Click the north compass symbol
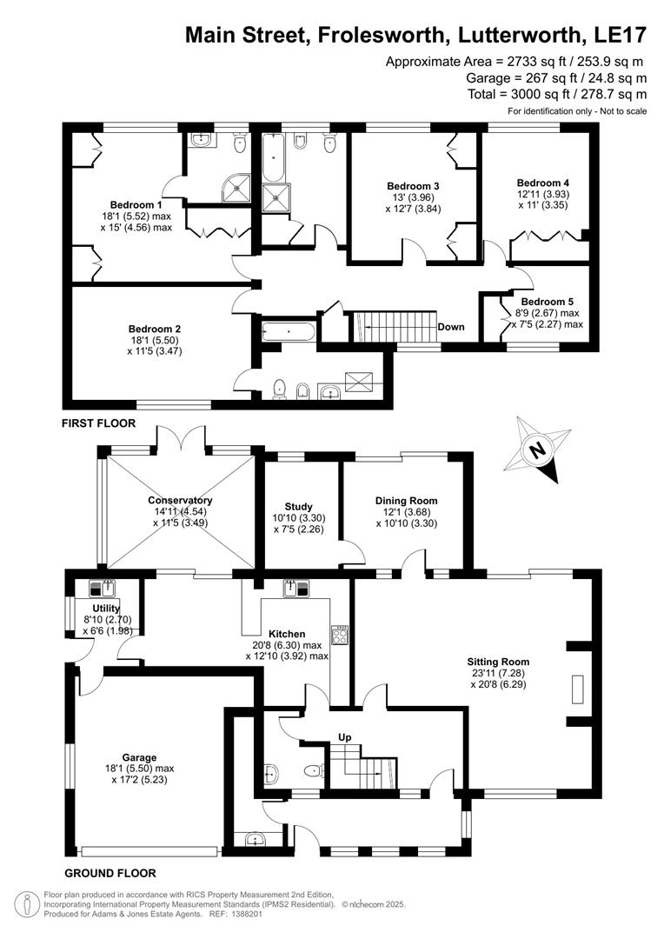539,451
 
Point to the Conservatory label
180,501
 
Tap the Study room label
298,507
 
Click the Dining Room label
406,501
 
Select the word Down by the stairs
451,328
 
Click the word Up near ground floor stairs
344,738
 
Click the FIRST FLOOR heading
99,423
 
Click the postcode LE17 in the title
620,35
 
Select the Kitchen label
286,634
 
